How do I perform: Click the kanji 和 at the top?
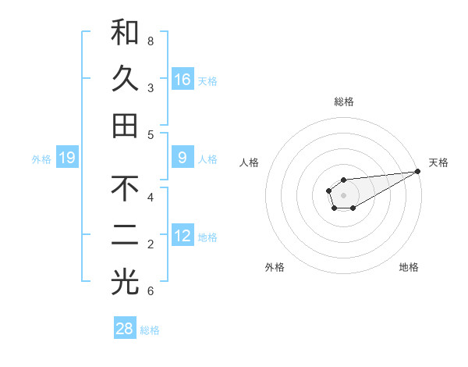pos(125,32)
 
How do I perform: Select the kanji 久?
pos(125,80)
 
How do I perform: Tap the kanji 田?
pos(125,126)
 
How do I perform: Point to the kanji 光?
pos(125,283)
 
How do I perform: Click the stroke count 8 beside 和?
pos(151,41)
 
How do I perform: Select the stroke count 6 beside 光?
pos(151,291)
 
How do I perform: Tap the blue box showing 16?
pos(183,80)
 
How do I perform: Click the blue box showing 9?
pos(183,158)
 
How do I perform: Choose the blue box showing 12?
pos(183,236)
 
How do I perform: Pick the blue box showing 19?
pos(67,159)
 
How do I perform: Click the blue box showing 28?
pos(125,329)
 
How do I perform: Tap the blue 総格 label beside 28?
pos(150,330)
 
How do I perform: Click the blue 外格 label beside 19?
pos(41,159)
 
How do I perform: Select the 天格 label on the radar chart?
pos(438,162)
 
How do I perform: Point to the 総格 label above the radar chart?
pos(344,102)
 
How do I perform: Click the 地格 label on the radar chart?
pos(409,267)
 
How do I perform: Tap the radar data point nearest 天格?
pos(417,172)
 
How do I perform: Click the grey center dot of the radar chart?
pos(343,194)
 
